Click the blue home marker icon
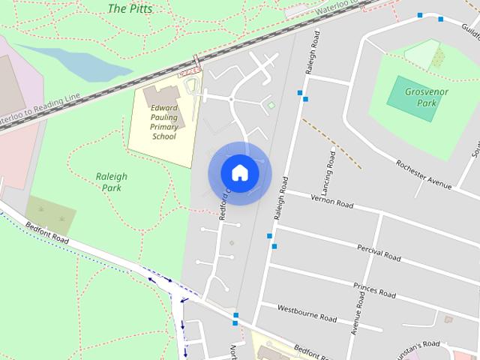tap(239, 172)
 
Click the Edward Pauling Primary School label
tap(164, 122)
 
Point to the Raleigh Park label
tap(112, 182)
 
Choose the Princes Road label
tap(373, 289)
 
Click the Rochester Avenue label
tap(424, 174)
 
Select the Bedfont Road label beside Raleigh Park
tap(46, 233)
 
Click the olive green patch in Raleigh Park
tap(51, 214)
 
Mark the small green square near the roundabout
tap(271, 106)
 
